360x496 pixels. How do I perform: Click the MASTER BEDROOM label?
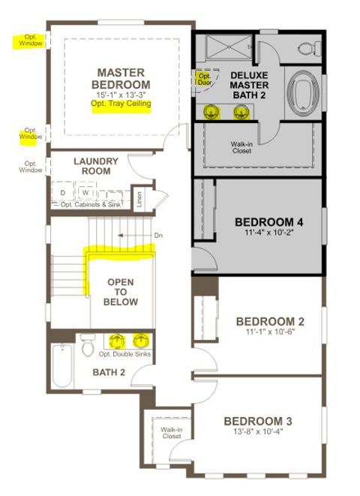click(121, 78)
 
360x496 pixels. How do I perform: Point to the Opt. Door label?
click(203, 79)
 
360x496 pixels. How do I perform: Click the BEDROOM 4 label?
click(268, 222)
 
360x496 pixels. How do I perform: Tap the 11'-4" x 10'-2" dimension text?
click(268, 234)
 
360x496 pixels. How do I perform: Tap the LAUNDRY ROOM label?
click(92, 166)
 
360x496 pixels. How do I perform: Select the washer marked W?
click(85, 191)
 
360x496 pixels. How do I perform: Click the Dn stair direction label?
click(158, 236)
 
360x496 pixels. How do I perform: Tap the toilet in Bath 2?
click(87, 347)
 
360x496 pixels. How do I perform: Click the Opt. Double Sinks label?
click(125, 354)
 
